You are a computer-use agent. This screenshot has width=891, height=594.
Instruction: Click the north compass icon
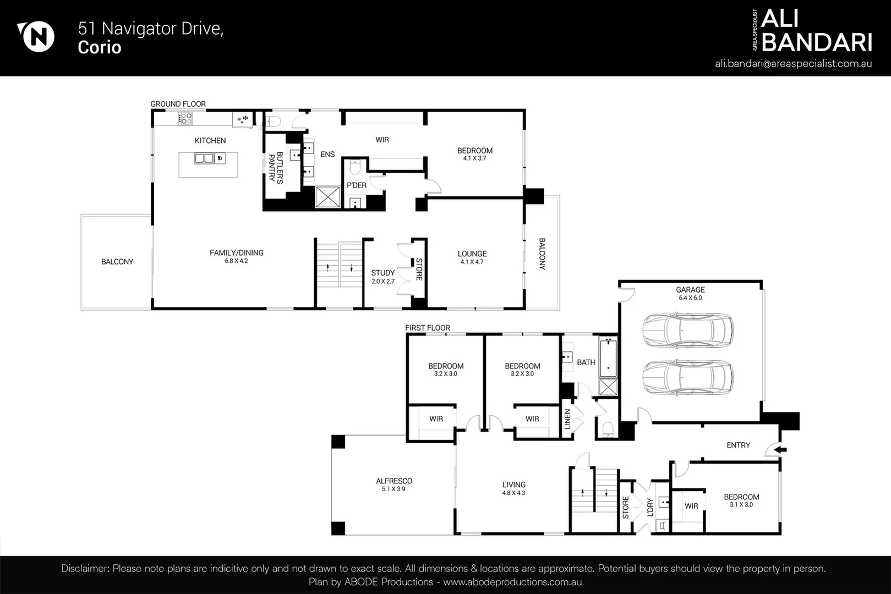pyautogui.click(x=37, y=37)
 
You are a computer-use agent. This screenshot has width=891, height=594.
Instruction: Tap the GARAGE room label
pyautogui.click(x=690, y=290)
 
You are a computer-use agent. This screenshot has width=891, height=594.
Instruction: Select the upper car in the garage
pyautogui.click(x=687, y=331)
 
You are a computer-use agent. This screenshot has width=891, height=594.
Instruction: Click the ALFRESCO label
pyautogui.click(x=394, y=481)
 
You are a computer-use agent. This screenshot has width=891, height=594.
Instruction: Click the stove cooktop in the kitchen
pyautogui.click(x=185, y=118)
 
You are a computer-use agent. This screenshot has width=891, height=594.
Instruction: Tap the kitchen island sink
pyautogui.click(x=204, y=158)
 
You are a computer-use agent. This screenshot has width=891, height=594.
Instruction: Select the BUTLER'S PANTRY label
pyautogui.click(x=275, y=167)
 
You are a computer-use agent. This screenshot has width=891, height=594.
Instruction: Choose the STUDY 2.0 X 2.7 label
pyautogui.click(x=383, y=277)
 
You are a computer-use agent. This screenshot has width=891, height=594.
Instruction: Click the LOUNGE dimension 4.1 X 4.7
pyautogui.click(x=472, y=262)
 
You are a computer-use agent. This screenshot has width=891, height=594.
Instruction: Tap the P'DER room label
pyautogui.click(x=357, y=185)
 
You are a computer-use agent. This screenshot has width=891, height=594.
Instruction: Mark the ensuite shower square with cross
pyautogui.click(x=327, y=197)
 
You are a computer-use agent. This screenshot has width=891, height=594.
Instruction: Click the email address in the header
pyautogui.click(x=793, y=64)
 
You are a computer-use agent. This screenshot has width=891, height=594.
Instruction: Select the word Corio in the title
pyautogui.click(x=100, y=48)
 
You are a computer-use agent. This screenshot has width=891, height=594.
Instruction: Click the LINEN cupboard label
pyautogui.click(x=567, y=419)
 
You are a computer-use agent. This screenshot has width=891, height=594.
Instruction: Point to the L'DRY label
pyautogui.click(x=650, y=507)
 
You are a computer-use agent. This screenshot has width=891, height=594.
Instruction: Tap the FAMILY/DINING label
pyautogui.click(x=237, y=253)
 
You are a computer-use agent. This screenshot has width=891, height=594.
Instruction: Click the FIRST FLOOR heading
pyautogui.click(x=428, y=328)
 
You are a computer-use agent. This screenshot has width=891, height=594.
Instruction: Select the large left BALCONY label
pyautogui.click(x=117, y=262)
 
